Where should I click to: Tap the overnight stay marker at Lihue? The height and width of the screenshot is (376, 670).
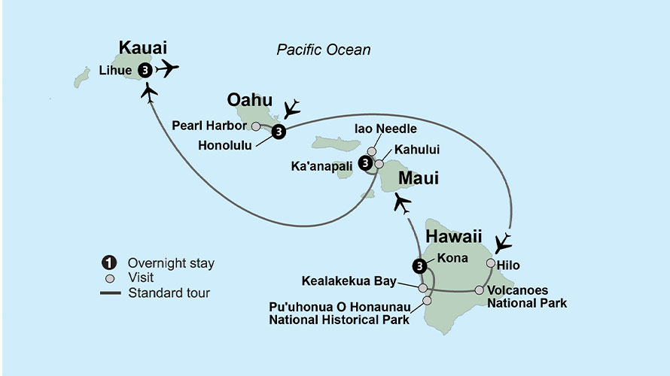(x=145, y=70)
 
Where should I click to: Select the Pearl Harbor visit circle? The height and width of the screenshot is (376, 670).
(x=256, y=126)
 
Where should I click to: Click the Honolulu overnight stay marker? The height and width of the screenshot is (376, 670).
(x=279, y=132)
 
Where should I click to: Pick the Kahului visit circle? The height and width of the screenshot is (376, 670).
(x=379, y=163)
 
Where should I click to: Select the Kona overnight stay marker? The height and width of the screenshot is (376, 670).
(x=418, y=265)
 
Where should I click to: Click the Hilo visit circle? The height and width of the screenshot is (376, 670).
(x=491, y=264)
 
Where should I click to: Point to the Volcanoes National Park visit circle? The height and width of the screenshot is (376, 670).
(x=479, y=290)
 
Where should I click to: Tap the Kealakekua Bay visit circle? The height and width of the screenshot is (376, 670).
(x=423, y=288)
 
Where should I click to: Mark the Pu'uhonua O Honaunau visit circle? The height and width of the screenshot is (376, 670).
(x=428, y=301)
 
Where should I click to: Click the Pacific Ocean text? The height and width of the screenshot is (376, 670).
(x=324, y=50)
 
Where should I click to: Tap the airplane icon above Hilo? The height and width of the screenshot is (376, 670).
(x=503, y=242)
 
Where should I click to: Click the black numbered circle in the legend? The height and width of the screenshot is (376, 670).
(x=109, y=263)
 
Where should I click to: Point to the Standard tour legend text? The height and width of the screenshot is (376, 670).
(x=169, y=293)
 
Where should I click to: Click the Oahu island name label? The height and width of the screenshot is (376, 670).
(x=250, y=100)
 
